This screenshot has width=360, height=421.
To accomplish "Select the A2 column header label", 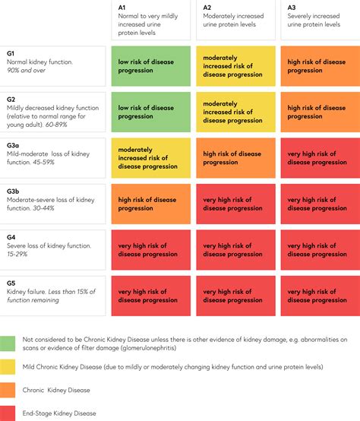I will (x=207, y=7).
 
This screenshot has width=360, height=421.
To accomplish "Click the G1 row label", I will (x=11, y=52).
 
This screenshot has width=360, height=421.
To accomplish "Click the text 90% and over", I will (x=27, y=71).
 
